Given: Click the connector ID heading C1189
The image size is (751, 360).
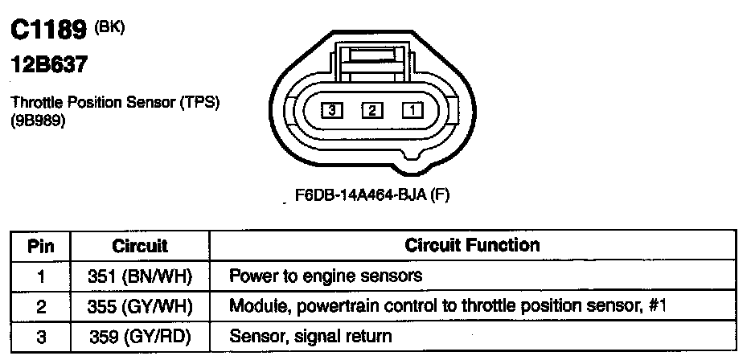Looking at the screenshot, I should pos(49,31).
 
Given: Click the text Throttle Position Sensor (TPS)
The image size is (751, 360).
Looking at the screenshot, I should pos(115,104).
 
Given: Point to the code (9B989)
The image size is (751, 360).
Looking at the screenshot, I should pos(38,121).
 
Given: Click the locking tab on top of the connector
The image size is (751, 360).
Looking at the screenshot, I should pos(372,56).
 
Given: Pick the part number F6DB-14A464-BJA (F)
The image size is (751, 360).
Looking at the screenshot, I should pos(371,195).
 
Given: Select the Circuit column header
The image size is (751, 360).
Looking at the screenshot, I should pos(140,244).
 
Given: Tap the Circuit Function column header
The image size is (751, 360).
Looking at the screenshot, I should pos(473,244).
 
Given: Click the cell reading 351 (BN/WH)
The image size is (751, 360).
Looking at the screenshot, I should pos(140,276).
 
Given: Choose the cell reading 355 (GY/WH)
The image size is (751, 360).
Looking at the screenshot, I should pos(140,306).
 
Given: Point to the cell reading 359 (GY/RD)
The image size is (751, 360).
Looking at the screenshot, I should pos(140,337).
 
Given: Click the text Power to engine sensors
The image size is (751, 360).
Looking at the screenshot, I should pos(326,276).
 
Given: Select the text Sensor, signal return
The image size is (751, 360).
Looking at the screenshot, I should pos(311,337).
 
